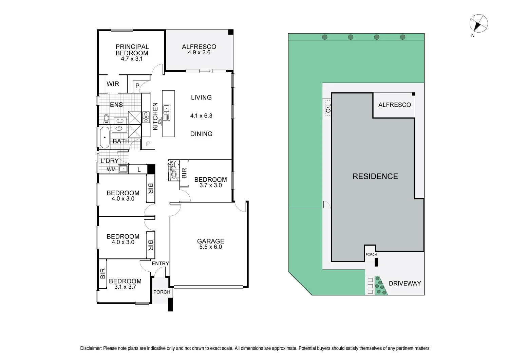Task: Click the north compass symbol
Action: click(478, 24)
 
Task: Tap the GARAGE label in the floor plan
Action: click(210, 241)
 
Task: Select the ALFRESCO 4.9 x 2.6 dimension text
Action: click(199, 53)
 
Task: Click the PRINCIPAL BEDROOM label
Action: click(132, 50)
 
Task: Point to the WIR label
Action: click(113, 84)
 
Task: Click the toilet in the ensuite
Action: click(106, 119)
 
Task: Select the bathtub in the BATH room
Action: click(105, 138)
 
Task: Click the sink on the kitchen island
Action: click(167, 109)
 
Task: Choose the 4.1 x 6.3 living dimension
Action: click(201, 116)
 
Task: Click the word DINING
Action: click(201, 134)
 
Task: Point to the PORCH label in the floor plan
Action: click(162, 292)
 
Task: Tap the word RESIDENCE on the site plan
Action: click(375, 176)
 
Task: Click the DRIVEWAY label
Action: click(404, 283)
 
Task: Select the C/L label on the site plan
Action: click(328, 108)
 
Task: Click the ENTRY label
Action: click(160, 264)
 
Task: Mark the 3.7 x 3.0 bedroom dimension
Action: click(210, 185)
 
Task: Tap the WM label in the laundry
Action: click(111, 169)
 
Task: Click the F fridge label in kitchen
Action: click(148, 144)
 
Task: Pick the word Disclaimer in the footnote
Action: click(91, 348)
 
